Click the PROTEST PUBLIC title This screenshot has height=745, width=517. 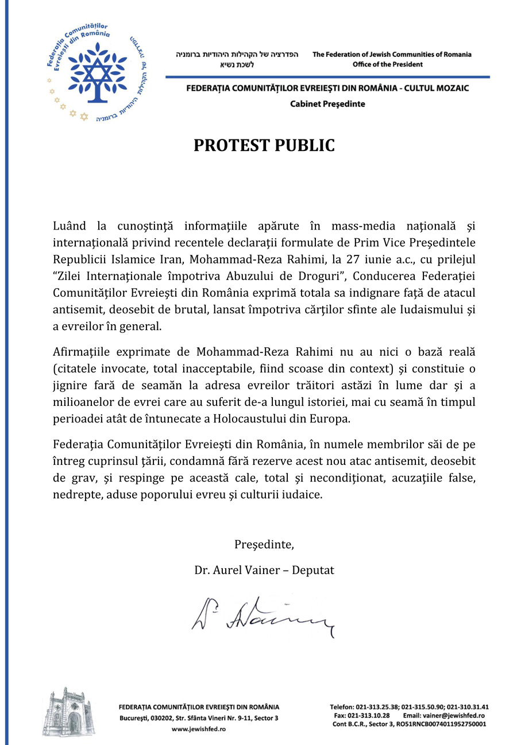[264, 146]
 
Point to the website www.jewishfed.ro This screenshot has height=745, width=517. [198, 728]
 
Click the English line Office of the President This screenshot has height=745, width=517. [387, 64]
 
